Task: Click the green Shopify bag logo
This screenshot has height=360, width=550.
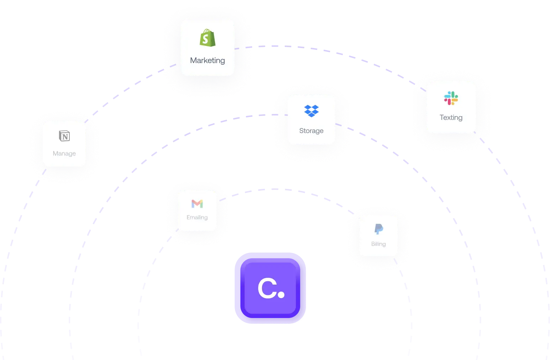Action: [208, 38]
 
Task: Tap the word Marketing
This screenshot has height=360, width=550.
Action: [208, 60]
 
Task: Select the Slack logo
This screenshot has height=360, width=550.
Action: [451, 98]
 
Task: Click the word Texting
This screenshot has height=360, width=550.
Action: [451, 117]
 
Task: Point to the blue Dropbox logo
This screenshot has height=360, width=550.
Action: [311, 111]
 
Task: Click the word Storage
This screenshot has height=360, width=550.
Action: [311, 131]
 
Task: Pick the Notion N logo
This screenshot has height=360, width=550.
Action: [64, 136]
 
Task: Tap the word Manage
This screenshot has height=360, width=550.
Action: [64, 153]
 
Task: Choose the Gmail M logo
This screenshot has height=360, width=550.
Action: [197, 203]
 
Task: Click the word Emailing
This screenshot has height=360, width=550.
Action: [197, 217]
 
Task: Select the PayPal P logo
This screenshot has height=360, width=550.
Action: [378, 229]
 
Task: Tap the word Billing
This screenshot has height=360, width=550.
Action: [378, 244]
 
